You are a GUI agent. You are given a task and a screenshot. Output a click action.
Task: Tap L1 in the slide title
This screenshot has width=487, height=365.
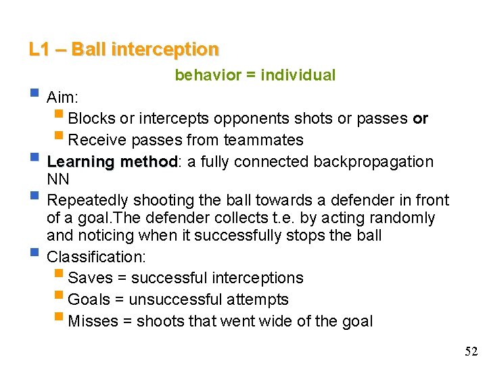tap(38, 50)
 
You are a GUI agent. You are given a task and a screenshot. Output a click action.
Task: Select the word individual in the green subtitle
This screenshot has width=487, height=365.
tap(299, 75)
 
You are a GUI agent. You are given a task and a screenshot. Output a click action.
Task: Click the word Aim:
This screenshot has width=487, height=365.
tap(63, 97)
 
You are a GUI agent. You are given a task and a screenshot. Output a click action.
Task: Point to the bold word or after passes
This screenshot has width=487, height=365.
tap(420, 119)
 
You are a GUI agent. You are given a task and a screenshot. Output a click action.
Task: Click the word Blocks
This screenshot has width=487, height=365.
tap(92, 119)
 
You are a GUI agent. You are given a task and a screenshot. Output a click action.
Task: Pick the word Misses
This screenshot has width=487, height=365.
tap(93, 322)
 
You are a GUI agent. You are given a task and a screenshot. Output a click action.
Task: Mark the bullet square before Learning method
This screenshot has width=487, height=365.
tap(35, 161)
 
